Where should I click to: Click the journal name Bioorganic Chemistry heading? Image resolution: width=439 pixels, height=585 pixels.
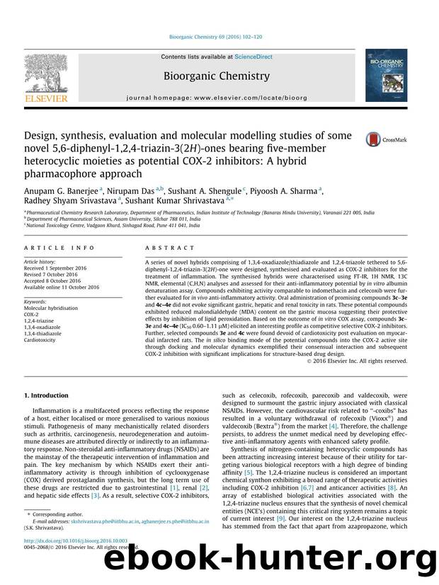click(x=217, y=76)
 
